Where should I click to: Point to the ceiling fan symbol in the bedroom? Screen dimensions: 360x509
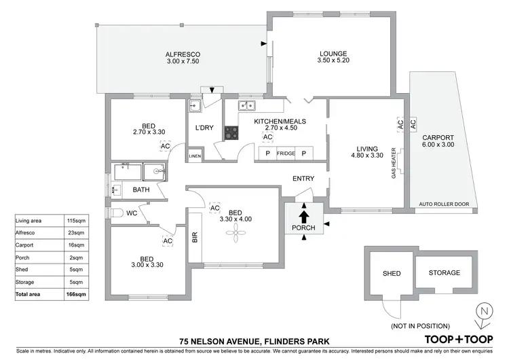(x=236, y=234)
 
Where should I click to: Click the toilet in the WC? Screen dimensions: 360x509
(x=117, y=213)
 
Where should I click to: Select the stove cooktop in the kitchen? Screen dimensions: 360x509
(x=231, y=133)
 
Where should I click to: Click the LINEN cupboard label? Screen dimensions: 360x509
(x=195, y=156)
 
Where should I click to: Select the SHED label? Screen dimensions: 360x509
(x=392, y=274)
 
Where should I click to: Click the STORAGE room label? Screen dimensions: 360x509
(x=444, y=273)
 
